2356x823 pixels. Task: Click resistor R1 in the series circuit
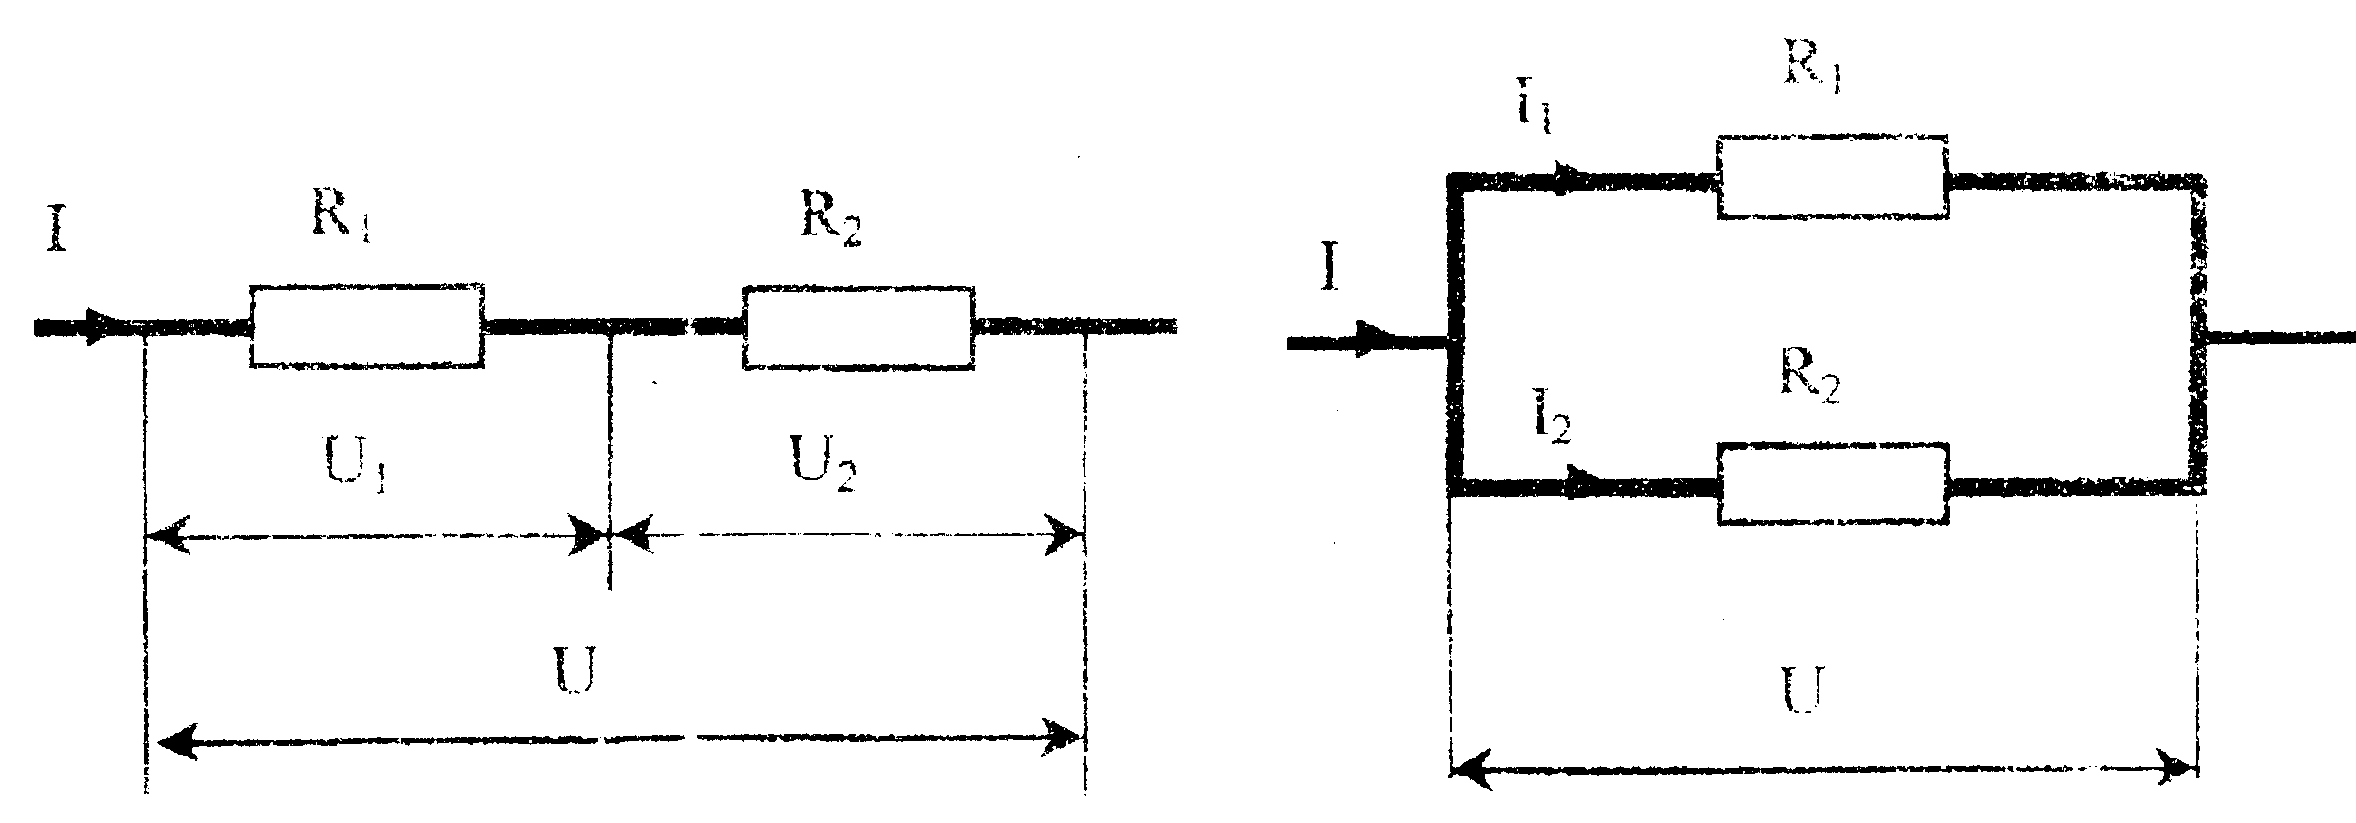(x=367, y=325)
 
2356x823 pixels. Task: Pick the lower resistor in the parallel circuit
(x=1833, y=484)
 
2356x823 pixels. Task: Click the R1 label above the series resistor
(x=340, y=221)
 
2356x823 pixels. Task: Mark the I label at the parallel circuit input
(x=1329, y=269)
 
